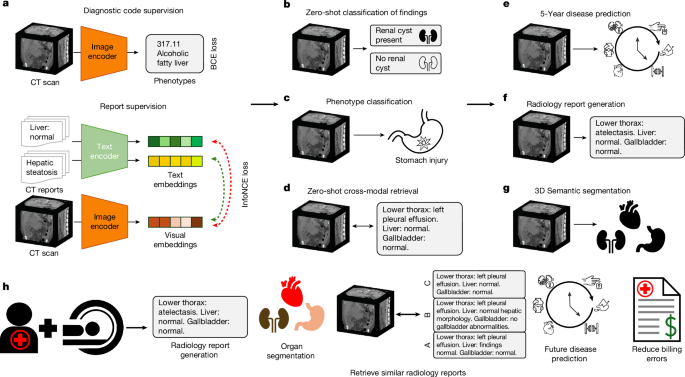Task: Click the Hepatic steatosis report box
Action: coord(41,162)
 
